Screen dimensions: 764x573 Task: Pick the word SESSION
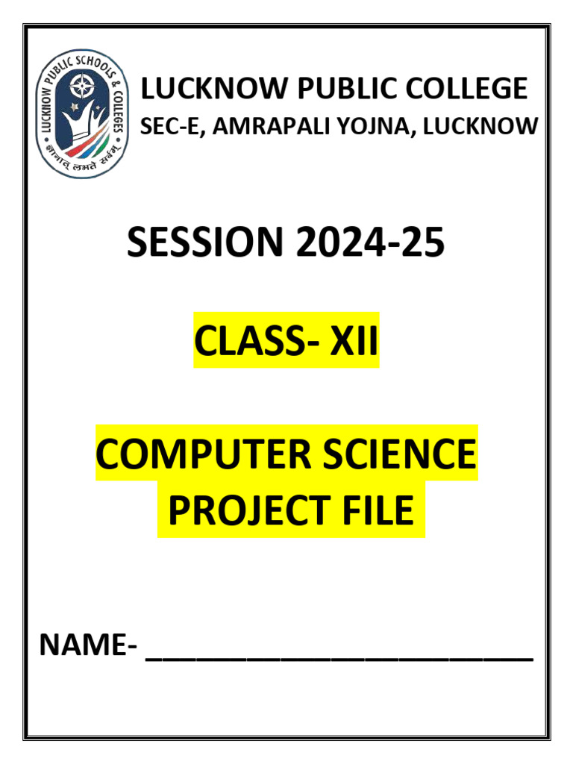[x=205, y=243]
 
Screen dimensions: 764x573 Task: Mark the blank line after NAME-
[x=339, y=657]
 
